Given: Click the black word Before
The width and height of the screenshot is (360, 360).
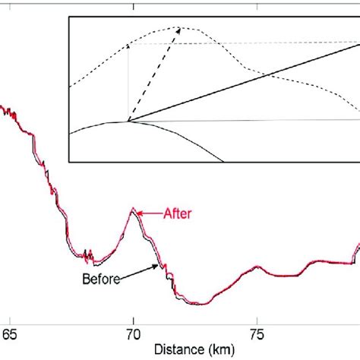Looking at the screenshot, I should pos(99,278).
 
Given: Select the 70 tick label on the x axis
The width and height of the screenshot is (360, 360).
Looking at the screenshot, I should pos(133,333).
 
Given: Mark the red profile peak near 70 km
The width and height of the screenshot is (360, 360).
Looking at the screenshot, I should pos(134,209).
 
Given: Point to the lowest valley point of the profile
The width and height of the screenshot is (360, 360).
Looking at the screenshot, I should pos(199,304).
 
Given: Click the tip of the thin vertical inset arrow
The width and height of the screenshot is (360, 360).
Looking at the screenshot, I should pos(128,45).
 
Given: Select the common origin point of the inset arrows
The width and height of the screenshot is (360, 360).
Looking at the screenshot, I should pos(128,122).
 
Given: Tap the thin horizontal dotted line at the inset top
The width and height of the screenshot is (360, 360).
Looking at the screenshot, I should pos(251,43).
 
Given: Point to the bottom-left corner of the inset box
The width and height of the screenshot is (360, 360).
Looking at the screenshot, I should pos(69,162).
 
